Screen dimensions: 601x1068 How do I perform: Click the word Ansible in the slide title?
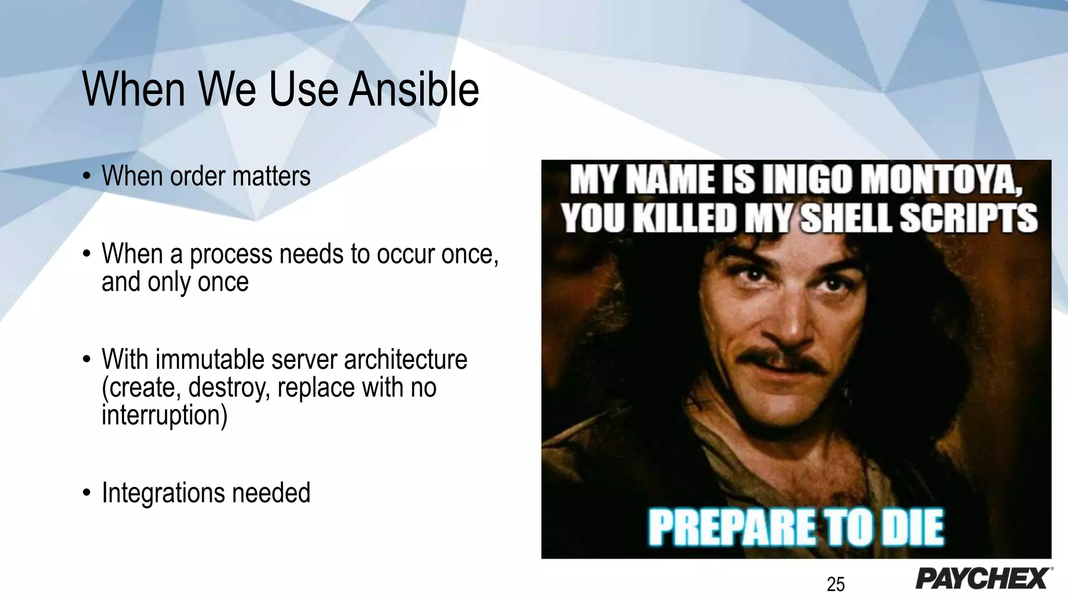tap(414, 90)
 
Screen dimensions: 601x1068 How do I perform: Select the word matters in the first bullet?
tap(271, 176)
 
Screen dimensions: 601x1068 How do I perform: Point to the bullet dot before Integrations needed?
tap(87, 494)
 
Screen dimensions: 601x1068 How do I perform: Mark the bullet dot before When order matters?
tap(87, 177)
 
